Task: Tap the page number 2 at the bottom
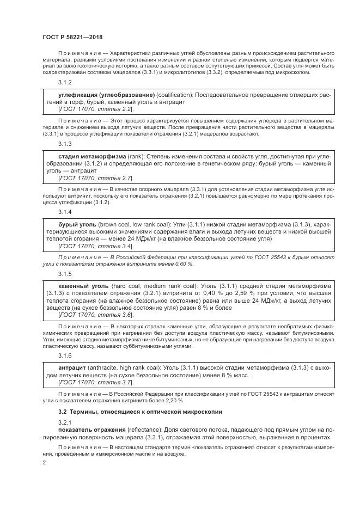[x=44, y=462]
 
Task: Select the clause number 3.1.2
[x=65, y=82]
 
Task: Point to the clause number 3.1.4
[x=65, y=211]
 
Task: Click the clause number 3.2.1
[x=65, y=422]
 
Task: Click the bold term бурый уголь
[x=77, y=224]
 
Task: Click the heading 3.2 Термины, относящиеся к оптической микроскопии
[x=133, y=410]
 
